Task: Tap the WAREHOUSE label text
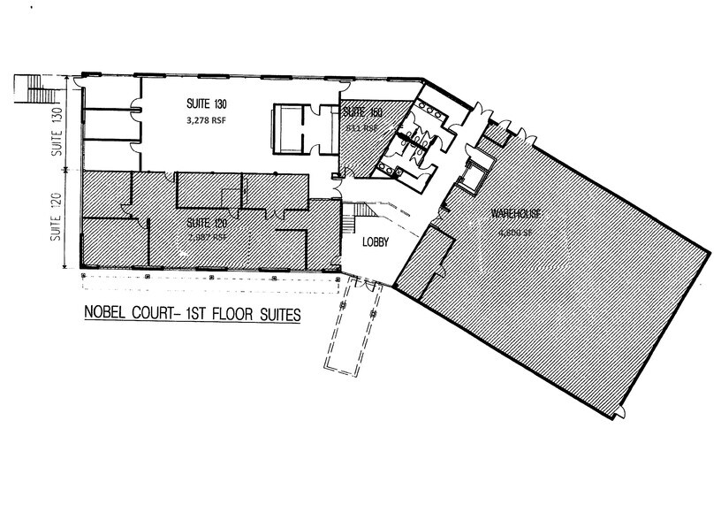click(517, 214)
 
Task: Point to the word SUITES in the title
click(273, 314)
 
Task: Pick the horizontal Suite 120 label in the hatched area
click(206, 224)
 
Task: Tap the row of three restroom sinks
click(436, 107)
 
